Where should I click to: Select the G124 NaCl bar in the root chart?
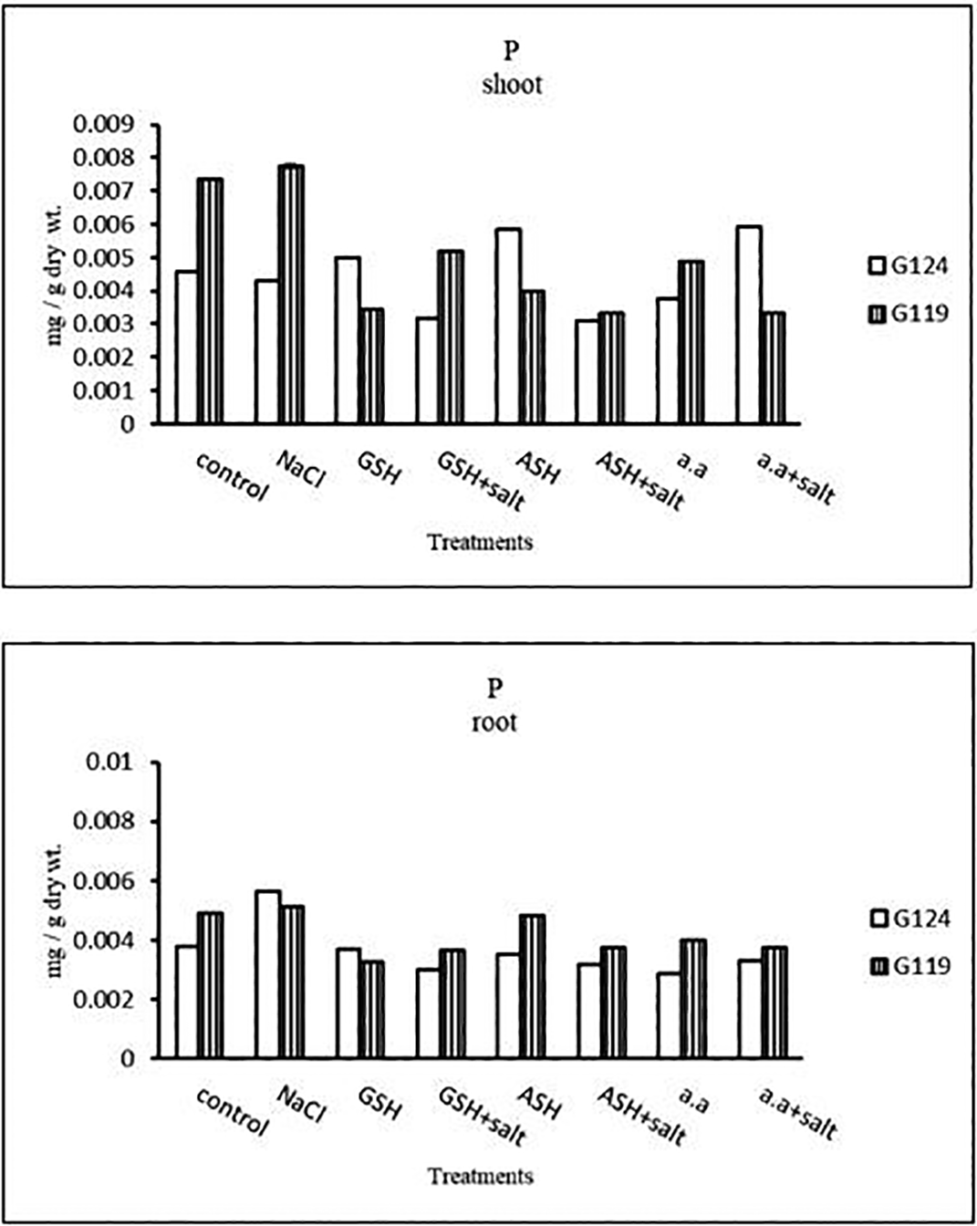pos(267,974)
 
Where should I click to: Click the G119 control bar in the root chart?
pos(210,985)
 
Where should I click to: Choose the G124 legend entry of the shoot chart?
pos(908,266)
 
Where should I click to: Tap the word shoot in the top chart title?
pos(512,85)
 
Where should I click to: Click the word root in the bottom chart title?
pos(494,722)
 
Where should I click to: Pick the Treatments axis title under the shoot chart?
pos(480,542)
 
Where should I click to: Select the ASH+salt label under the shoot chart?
pos(639,480)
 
